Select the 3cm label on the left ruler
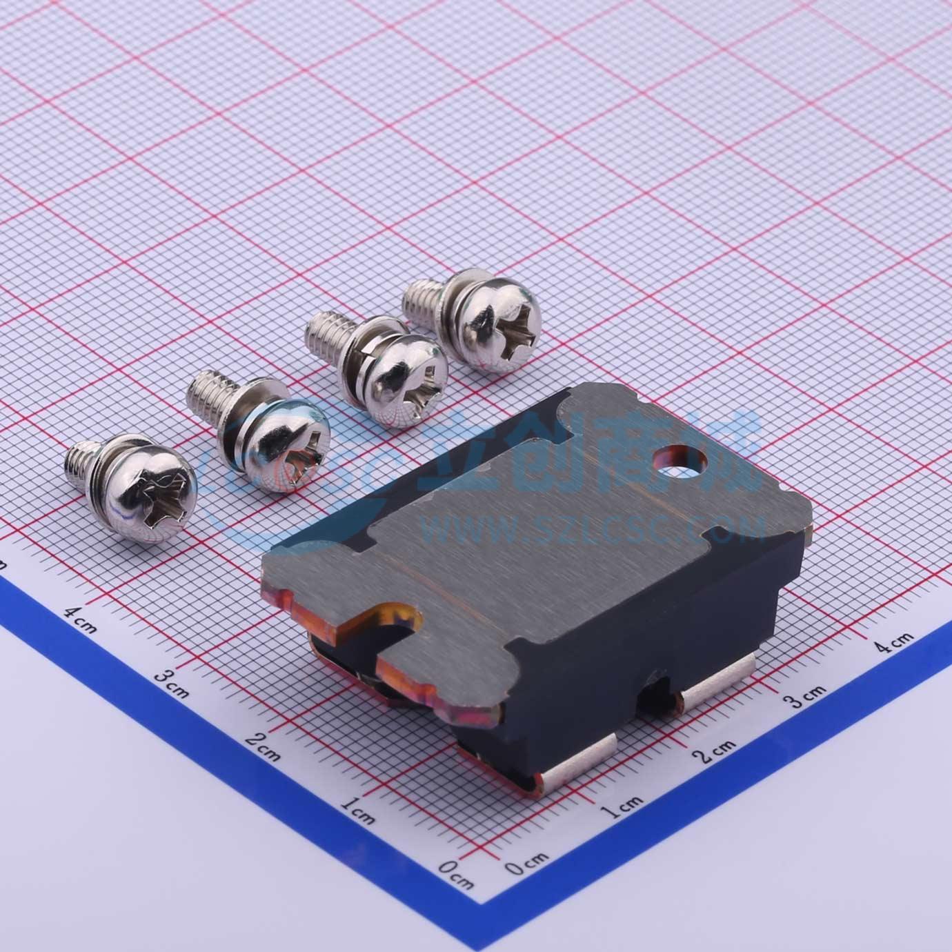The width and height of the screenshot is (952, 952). coord(170,682)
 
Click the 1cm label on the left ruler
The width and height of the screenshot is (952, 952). coord(357,813)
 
